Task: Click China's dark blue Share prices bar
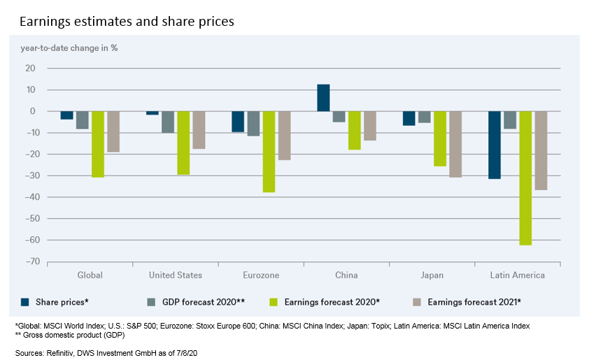tap(323, 98)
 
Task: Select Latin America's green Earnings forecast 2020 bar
tap(525, 178)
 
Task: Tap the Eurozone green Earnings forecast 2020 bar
tap(269, 152)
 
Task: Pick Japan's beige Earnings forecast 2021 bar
tap(455, 144)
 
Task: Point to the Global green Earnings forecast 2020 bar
tap(98, 144)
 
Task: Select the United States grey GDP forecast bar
tap(168, 122)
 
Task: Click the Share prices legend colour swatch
tap(25, 302)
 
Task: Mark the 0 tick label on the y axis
tap(31, 111)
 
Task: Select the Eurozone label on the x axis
tap(261, 275)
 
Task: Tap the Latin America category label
tap(518, 275)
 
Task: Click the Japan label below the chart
tap(432, 275)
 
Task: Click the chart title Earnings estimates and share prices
tap(127, 22)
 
